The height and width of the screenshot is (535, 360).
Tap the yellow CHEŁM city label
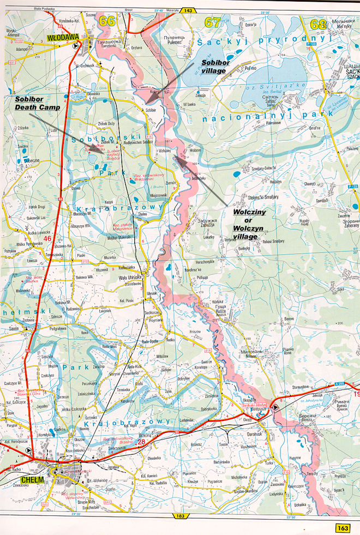(17, 480)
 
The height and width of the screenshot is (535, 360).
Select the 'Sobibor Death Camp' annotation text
(37, 104)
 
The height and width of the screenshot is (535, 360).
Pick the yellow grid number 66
(107, 22)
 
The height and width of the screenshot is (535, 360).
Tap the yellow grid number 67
(212, 22)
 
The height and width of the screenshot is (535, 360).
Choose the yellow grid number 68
(318, 23)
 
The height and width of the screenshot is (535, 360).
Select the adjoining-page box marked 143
(188, 10)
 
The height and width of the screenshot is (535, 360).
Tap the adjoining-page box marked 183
(181, 516)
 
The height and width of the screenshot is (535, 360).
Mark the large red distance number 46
(47, 238)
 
